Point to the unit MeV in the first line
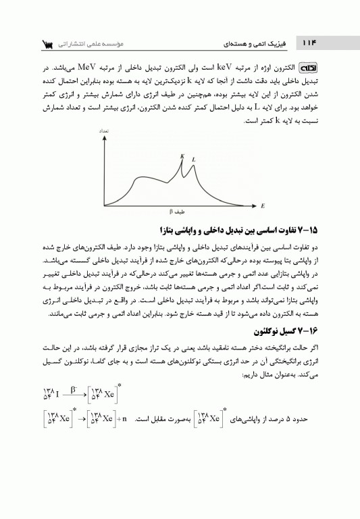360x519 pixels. click(x=88, y=70)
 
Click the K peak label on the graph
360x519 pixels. click(x=182, y=156)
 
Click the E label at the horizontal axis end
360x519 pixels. click(x=262, y=203)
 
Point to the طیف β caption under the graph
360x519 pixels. click(x=178, y=211)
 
